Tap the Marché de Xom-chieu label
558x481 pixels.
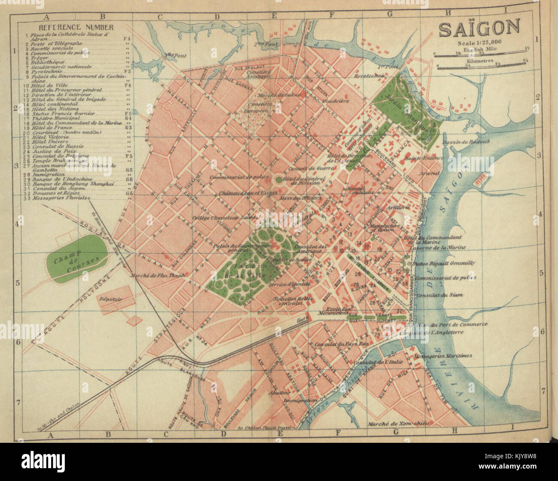(x=392, y=424)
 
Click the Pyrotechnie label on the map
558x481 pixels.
(x=368, y=76)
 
